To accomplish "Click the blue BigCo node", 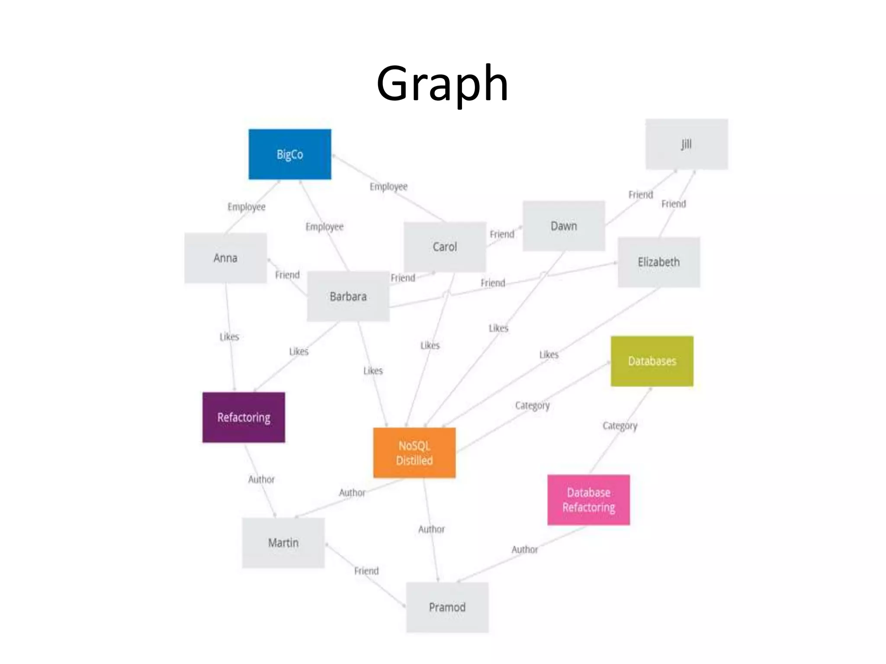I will [290, 154].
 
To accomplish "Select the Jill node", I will [687, 144].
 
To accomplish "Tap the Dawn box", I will [564, 226].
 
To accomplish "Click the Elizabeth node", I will [658, 262].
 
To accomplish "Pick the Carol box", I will [445, 247].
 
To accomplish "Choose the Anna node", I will [225, 258].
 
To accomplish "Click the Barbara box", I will [348, 297].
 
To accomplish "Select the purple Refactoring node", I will [244, 417].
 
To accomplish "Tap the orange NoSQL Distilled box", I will [414, 453].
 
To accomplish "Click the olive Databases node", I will [652, 361].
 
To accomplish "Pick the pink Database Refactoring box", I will [588, 500].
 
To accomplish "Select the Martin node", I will [283, 543].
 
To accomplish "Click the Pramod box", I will [447, 607].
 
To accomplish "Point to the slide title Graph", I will [442, 83].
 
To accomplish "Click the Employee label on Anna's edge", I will [247, 207].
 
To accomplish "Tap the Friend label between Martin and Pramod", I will [366, 571].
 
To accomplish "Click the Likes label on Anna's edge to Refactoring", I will [229, 337].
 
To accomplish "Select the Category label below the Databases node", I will [620, 426].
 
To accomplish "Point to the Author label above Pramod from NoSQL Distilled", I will [431, 529].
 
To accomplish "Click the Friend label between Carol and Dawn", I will [502, 234].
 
